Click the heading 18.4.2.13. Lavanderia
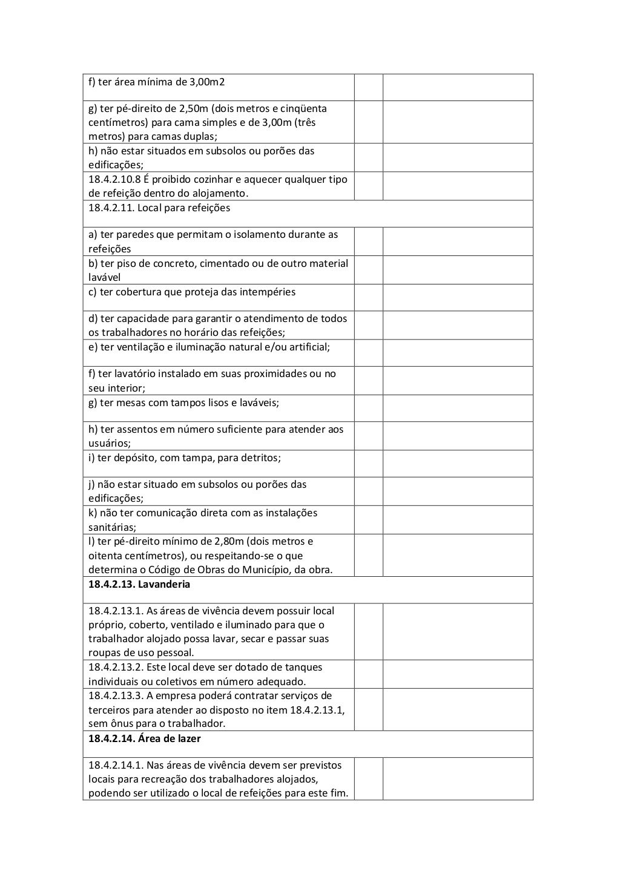[139, 584]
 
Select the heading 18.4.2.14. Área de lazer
[145, 738]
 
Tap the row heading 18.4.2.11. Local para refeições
[159, 208]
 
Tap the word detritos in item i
[260, 458]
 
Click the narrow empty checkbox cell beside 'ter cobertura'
[368, 297]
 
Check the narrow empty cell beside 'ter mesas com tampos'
[368, 408]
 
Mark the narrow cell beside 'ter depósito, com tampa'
[368, 463]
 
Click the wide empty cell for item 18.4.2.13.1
[458, 631]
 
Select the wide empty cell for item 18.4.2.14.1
[458, 778]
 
